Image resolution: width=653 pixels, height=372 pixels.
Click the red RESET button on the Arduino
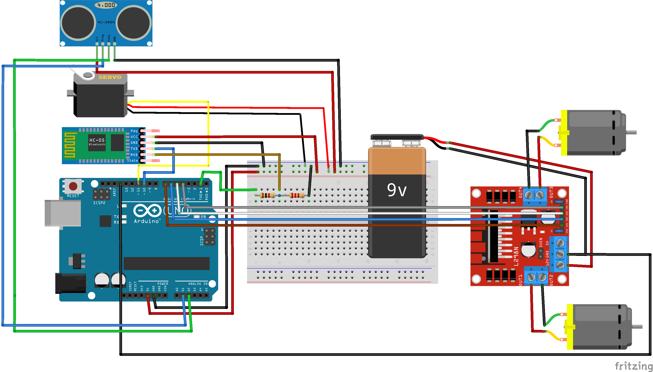point(73,186)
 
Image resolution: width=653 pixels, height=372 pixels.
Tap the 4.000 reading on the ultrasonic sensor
point(106,5)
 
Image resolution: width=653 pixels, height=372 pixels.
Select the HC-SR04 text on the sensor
point(106,22)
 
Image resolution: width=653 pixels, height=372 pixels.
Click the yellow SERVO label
point(110,77)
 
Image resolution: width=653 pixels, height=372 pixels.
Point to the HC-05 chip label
point(97,140)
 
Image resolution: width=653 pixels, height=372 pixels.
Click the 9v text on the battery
point(396,190)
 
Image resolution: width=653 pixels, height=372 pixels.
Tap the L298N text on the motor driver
point(516,256)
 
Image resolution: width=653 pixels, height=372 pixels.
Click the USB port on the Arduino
point(63,213)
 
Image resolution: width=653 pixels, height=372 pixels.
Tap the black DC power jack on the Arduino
point(70,283)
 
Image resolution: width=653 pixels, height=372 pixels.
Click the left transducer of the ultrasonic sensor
point(78,22)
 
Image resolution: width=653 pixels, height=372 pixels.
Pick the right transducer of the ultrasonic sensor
point(134,22)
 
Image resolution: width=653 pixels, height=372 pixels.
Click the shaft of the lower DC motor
point(637,327)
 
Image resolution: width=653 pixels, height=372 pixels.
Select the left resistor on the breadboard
point(267,195)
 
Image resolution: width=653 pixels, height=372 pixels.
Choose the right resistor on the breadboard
point(297,195)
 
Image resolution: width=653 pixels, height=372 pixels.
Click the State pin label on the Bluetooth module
point(132,160)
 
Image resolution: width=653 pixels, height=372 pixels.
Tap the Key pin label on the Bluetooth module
point(134,131)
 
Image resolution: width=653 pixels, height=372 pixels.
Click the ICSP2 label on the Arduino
point(99,203)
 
